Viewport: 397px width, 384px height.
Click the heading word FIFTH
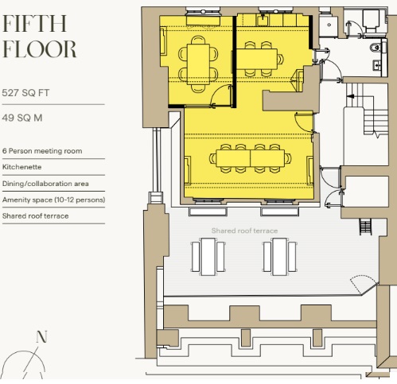(x=34, y=24)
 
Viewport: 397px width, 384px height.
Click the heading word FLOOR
(x=39, y=49)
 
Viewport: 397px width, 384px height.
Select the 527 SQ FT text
(x=25, y=93)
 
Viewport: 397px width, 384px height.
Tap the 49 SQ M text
(x=22, y=118)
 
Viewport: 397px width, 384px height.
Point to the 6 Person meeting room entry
(x=42, y=151)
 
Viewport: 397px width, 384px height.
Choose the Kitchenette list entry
(x=21, y=167)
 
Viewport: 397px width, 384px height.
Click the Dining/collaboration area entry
(x=45, y=184)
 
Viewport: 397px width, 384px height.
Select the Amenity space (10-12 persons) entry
(x=53, y=200)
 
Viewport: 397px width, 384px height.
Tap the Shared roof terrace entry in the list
(x=36, y=216)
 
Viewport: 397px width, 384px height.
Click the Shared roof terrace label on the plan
(x=244, y=231)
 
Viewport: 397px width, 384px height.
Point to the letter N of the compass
(x=41, y=336)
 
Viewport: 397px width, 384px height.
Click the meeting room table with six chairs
(x=198, y=64)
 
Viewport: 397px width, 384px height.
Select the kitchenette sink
(x=263, y=20)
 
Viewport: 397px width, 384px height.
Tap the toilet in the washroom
(x=376, y=48)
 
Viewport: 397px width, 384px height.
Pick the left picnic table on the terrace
(x=208, y=257)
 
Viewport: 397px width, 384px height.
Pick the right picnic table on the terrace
(x=280, y=257)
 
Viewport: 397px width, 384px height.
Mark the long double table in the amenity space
(x=251, y=158)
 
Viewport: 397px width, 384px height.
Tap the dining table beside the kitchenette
(x=257, y=59)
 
